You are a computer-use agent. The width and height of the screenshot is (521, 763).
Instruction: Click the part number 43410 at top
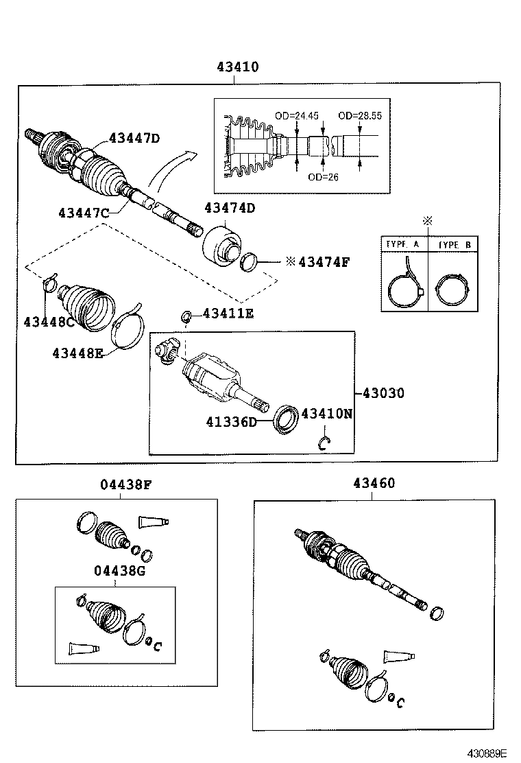pyautogui.click(x=238, y=67)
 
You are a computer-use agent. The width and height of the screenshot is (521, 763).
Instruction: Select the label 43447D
pyautogui.click(x=134, y=138)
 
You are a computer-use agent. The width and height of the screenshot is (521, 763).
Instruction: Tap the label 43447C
pyautogui.click(x=84, y=213)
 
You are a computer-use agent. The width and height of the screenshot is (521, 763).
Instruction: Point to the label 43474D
pyautogui.click(x=230, y=208)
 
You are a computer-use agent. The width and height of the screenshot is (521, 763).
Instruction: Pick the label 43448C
pyautogui.click(x=49, y=321)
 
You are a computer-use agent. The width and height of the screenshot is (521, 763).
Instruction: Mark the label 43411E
pyautogui.click(x=228, y=314)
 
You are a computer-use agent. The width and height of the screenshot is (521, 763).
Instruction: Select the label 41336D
pyautogui.click(x=231, y=421)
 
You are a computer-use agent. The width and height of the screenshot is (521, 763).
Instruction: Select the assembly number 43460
pyautogui.click(x=374, y=483)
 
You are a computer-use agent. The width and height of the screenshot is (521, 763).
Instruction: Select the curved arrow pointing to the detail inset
pyautogui.click(x=170, y=173)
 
